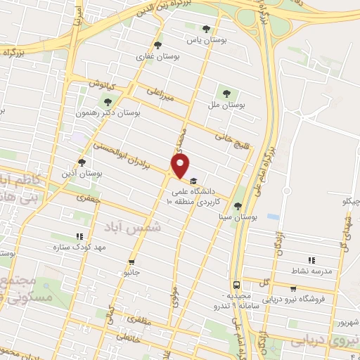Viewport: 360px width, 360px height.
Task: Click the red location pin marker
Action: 181,167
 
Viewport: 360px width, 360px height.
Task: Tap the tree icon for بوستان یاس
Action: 205,29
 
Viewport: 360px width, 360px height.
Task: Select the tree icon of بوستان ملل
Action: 226,91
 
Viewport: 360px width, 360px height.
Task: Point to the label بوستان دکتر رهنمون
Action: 107,112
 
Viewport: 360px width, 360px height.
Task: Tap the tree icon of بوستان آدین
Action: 91,162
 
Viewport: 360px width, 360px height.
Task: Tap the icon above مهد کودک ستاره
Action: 79,237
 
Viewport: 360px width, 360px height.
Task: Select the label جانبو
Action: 131,270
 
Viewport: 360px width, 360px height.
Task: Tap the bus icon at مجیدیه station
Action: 238,285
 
